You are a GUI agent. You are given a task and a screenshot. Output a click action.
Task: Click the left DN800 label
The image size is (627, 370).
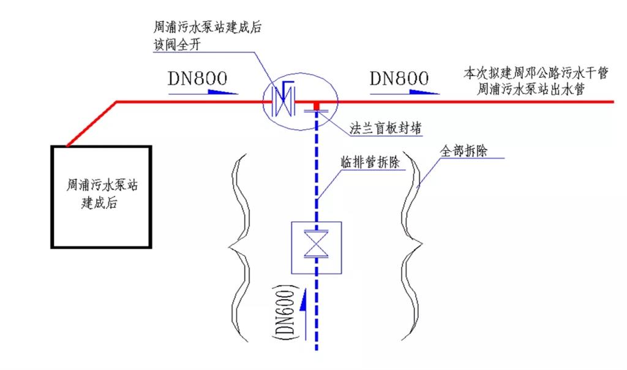coord(197,78)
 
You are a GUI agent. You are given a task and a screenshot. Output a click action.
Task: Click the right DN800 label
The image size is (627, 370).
coord(399,78)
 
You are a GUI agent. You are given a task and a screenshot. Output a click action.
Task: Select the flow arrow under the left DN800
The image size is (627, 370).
coord(202,92)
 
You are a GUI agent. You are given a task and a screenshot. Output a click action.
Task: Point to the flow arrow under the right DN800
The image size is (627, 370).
coord(404,92)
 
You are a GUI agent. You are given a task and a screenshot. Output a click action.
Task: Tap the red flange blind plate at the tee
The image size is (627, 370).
coord(317,107)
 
